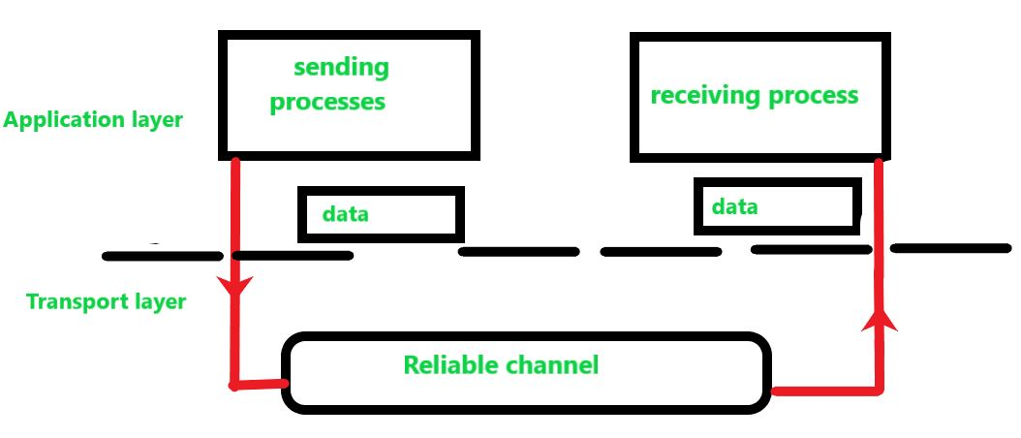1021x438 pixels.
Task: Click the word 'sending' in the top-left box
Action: (x=340, y=68)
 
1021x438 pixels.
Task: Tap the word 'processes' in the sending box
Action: (x=327, y=101)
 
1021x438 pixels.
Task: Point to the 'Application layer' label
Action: (x=93, y=121)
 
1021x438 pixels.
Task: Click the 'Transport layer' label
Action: (x=106, y=301)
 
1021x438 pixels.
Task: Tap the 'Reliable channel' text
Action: (x=501, y=365)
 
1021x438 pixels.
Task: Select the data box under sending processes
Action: (x=380, y=214)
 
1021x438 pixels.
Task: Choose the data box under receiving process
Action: (x=775, y=206)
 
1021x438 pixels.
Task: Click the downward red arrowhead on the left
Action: (x=234, y=288)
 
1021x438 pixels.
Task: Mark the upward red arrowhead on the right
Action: (x=880, y=319)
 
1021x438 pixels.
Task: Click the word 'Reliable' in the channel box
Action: (x=449, y=365)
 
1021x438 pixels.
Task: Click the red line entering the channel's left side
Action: (x=260, y=385)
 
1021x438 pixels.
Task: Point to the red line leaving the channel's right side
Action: (x=823, y=391)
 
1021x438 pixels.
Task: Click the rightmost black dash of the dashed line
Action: (x=951, y=248)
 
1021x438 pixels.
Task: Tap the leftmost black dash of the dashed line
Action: (x=163, y=256)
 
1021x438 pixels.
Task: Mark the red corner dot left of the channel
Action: (x=233, y=386)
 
